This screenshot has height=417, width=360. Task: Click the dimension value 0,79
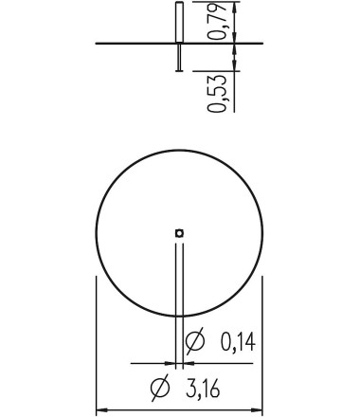click(217, 21)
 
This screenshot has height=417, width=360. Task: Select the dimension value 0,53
click(217, 94)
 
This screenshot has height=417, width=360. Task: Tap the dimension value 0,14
click(238, 343)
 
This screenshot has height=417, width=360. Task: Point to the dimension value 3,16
click(203, 389)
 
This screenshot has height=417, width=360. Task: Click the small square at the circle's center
click(179, 233)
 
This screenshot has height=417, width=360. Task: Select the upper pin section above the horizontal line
click(179, 22)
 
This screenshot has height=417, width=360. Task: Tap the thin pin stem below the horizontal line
click(179, 57)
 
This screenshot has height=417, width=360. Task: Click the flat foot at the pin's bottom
click(179, 70)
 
